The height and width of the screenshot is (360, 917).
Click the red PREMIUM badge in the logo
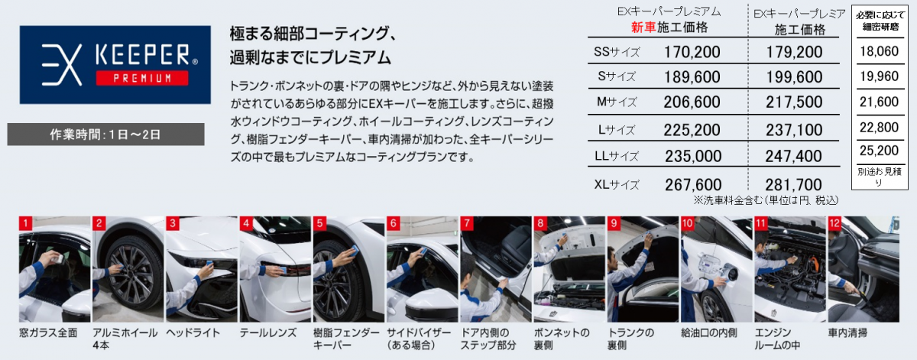[x=142, y=78]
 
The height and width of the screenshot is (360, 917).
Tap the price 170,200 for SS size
[x=692, y=52]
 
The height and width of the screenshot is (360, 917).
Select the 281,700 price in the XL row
[x=793, y=185]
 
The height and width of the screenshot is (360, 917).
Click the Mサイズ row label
[x=617, y=102]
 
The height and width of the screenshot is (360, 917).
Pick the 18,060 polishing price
[x=880, y=51]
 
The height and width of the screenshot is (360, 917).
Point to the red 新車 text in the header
[x=643, y=27]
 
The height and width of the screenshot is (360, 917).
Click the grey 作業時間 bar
[x=105, y=135]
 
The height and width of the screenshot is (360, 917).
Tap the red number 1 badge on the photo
[x=25, y=223]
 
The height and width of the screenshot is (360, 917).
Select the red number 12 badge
[x=834, y=223]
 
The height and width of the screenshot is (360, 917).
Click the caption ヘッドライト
[x=193, y=332]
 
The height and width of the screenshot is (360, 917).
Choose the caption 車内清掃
[x=847, y=332]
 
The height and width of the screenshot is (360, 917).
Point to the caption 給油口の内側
[x=709, y=332]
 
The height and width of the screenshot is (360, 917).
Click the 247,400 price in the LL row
[x=793, y=156]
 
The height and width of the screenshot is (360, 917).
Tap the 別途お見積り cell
[x=880, y=177]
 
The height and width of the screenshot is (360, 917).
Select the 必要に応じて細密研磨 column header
[x=880, y=21]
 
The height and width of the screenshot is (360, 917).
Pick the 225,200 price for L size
[x=692, y=130]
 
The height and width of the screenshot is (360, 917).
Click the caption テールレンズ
[x=268, y=332]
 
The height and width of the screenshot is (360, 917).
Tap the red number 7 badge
[x=467, y=223]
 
